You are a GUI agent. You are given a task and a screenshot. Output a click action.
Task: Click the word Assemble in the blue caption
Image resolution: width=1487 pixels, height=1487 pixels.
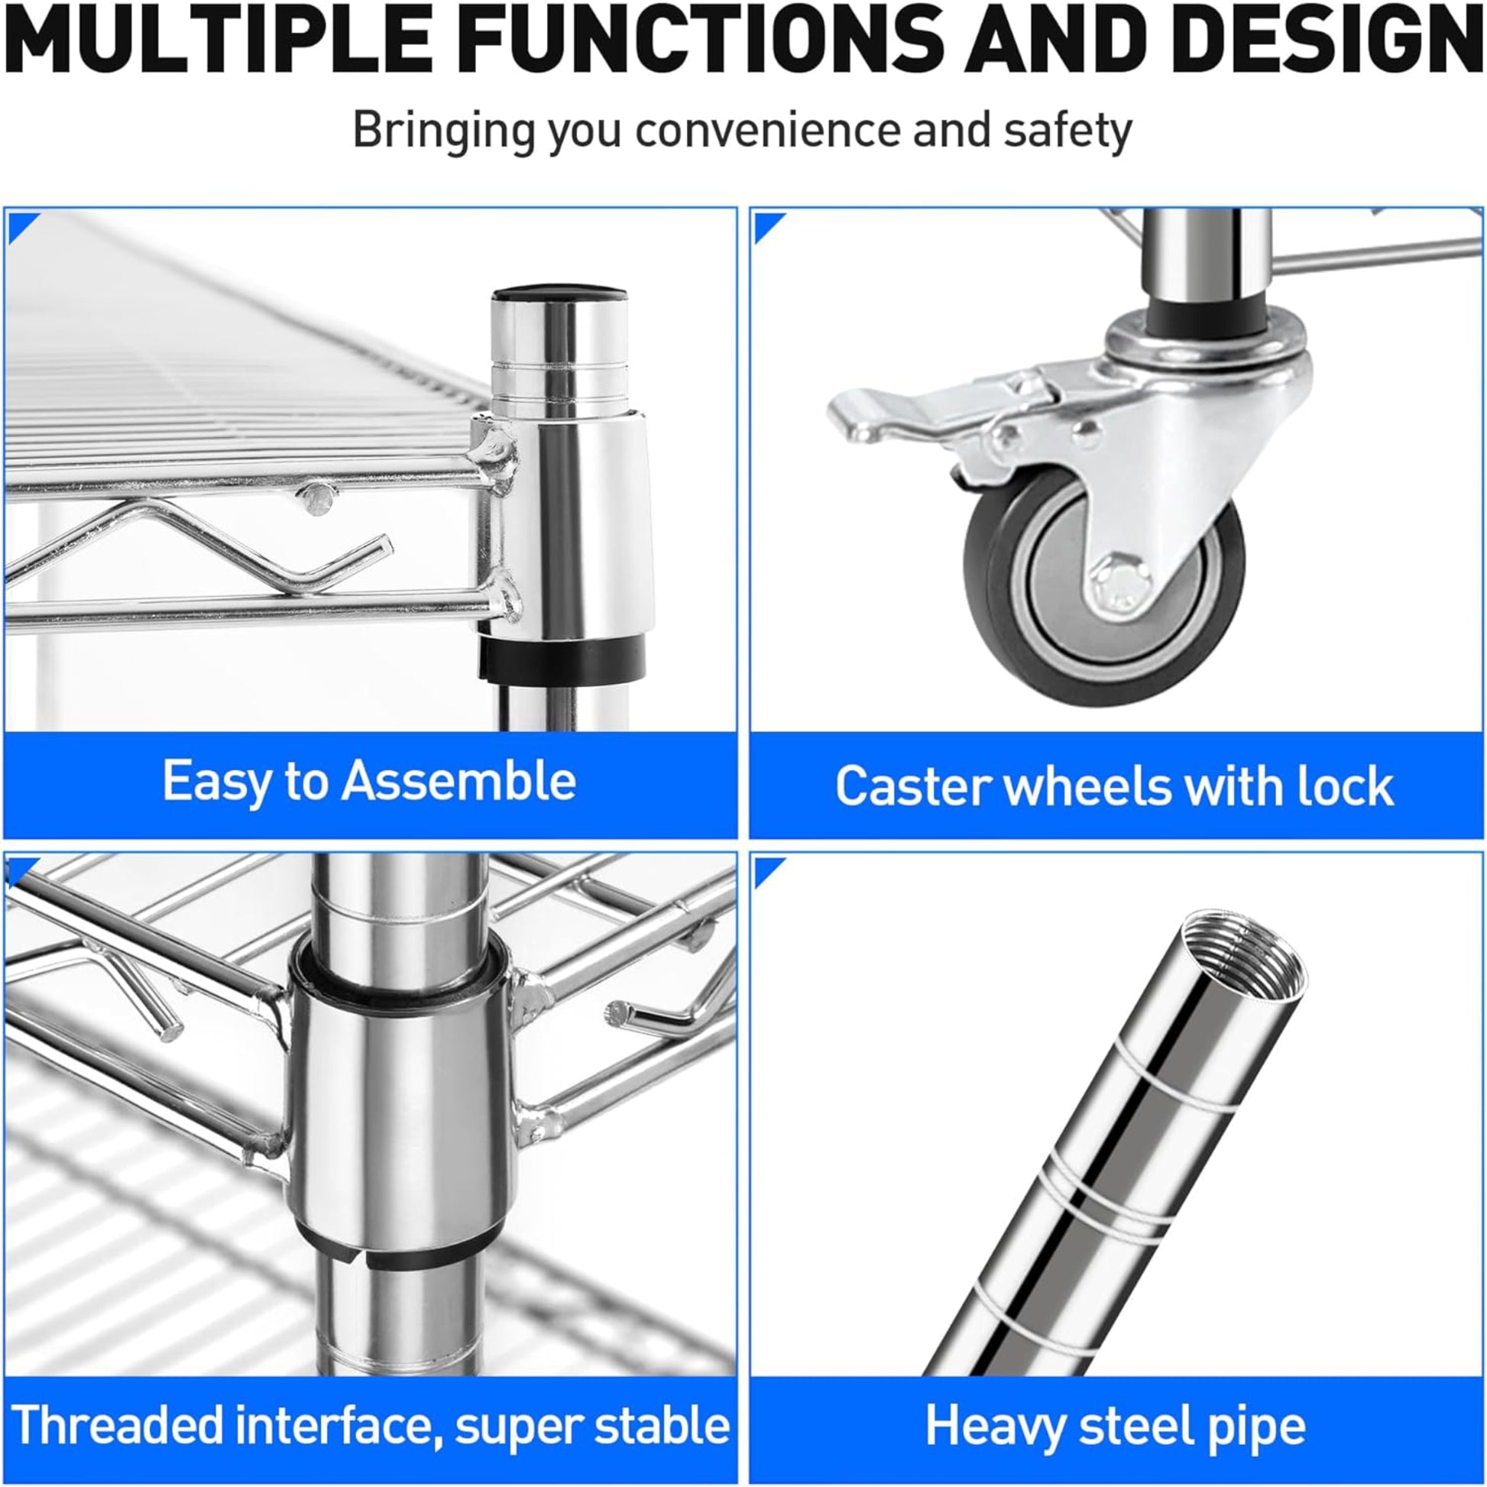click(x=458, y=780)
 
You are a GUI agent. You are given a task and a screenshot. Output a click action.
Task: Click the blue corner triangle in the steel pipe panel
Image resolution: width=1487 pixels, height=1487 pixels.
click(x=766, y=870)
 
